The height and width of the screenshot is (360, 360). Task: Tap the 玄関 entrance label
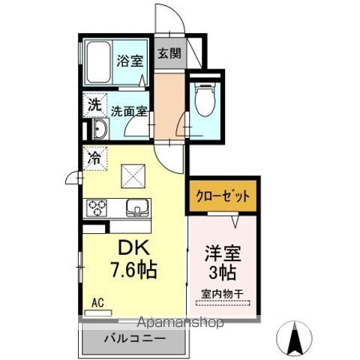point(169,54)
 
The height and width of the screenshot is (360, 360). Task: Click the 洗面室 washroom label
point(128,113)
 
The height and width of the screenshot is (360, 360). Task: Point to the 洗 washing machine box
point(94,106)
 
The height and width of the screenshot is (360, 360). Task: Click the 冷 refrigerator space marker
point(94,158)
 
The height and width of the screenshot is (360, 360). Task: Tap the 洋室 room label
point(223,253)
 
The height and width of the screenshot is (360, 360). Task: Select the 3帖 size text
point(223,272)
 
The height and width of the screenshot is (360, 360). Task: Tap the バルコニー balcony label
point(134,337)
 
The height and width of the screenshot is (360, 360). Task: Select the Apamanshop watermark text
point(180,323)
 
